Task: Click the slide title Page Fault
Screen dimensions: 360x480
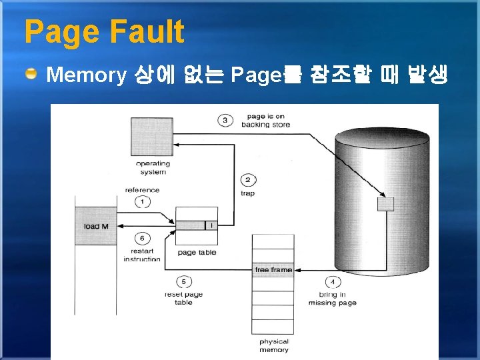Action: pos(104,31)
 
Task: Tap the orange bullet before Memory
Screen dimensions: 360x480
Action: pos(32,74)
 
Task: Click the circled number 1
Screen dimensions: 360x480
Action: pos(141,201)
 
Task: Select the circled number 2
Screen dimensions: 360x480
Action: pos(247,180)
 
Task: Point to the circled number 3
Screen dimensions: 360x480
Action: pos(225,120)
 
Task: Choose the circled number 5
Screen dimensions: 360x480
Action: pos(183,281)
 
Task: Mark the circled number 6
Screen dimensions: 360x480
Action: pos(141,238)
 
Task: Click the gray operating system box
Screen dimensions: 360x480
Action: pos(153,137)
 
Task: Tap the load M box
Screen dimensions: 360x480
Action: pos(96,226)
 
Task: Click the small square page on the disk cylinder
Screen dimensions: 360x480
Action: pos(385,204)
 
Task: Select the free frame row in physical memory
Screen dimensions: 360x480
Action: pos(273,270)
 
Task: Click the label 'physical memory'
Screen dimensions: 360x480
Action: pos(274,345)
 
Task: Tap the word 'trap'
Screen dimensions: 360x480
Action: pos(247,193)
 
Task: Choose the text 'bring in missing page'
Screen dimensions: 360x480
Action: pos(332,299)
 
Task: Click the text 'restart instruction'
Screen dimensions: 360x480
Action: pos(142,255)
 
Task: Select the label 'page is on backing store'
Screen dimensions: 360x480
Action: pos(265,121)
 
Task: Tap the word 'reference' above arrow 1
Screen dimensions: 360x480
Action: pos(142,189)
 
